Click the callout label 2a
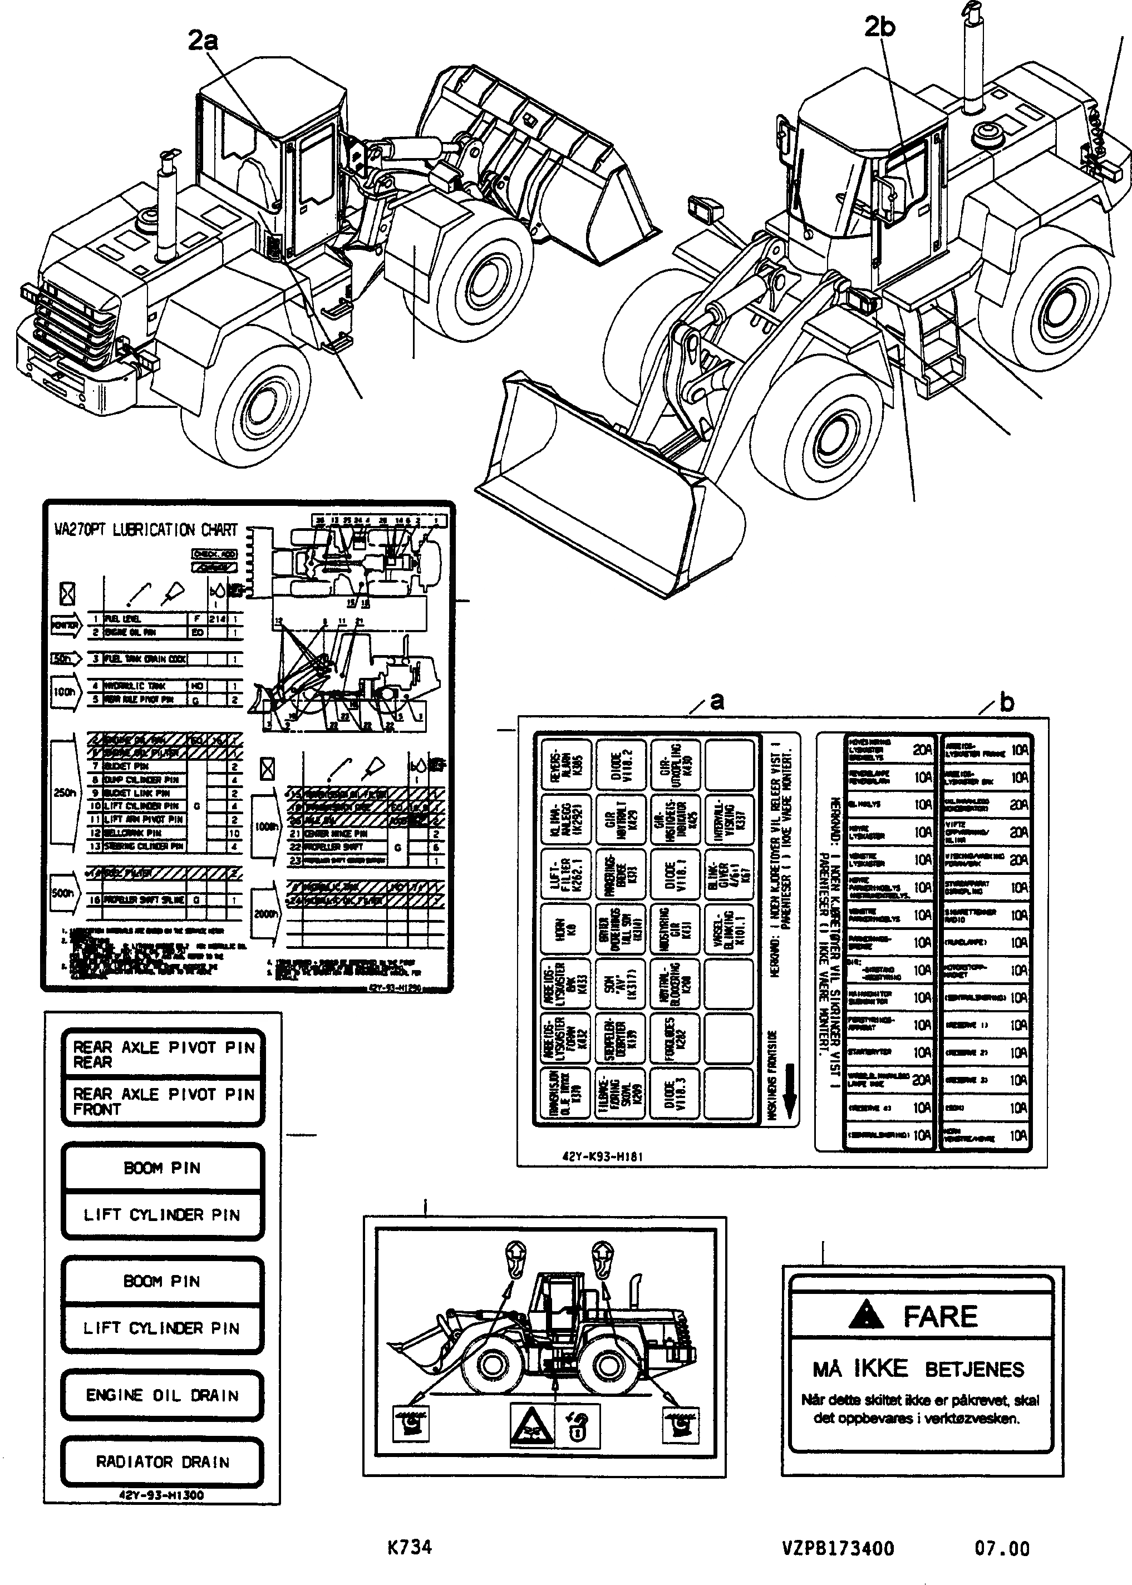point(202,41)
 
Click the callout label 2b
point(879,27)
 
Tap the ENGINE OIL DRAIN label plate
point(162,1395)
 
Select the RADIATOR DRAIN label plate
point(162,1461)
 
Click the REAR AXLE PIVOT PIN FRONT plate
point(163,1101)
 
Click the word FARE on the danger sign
point(941,1317)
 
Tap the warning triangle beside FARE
point(867,1315)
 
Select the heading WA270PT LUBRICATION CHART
point(146,530)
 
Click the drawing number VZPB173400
point(837,1549)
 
